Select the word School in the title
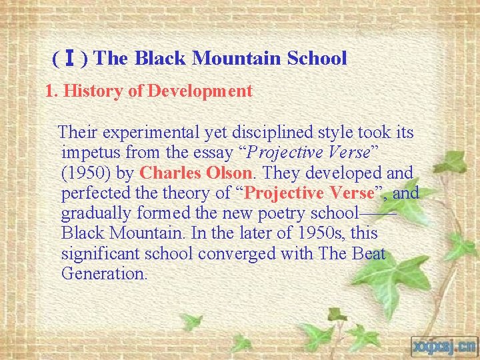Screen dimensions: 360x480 pyautogui.click(x=317, y=59)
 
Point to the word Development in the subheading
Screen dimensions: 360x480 pyautogui.click(x=200, y=91)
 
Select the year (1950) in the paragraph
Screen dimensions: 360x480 pyautogui.click(x=85, y=173)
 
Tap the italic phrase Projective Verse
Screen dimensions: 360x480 pyautogui.click(x=313, y=153)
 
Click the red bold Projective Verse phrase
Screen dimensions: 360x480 pyautogui.click(x=309, y=194)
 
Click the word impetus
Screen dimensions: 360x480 pyautogui.click(x=91, y=153)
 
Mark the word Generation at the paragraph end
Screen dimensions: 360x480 pyautogui.click(x=103, y=274)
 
